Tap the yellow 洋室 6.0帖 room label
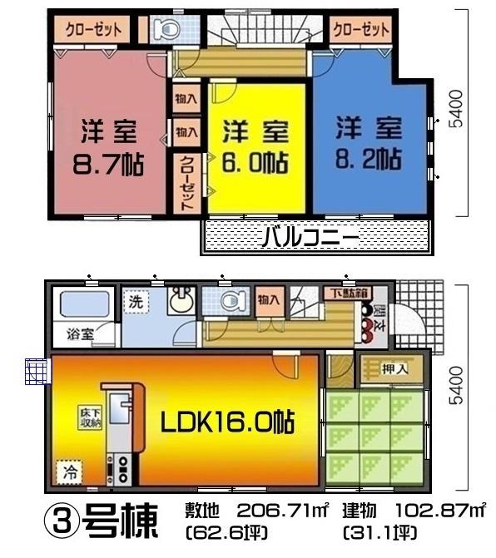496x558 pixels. tap(255, 147)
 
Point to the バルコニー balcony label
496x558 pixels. tap(310, 238)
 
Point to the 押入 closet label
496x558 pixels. tap(394, 368)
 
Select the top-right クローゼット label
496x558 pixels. tap(360, 30)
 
